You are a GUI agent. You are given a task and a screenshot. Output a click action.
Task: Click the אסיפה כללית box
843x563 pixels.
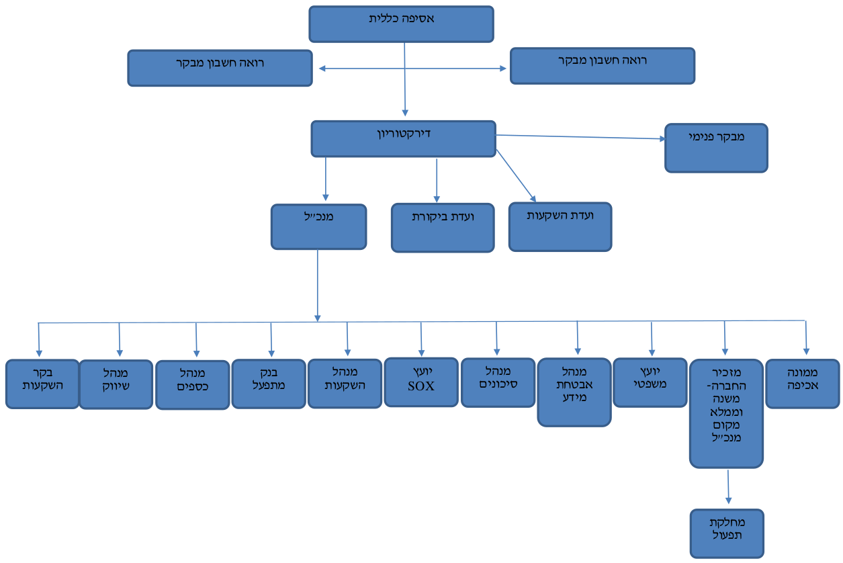click(x=401, y=24)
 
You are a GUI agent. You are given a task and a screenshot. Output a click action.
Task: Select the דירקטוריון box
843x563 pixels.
click(x=404, y=138)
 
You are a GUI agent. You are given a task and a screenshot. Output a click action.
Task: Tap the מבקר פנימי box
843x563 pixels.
click(x=716, y=148)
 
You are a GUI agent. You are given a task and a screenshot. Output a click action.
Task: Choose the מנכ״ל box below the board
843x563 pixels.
click(x=319, y=226)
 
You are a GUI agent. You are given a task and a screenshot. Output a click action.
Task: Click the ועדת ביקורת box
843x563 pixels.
click(x=443, y=228)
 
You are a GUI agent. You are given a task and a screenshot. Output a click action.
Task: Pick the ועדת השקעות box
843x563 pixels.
click(x=560, y=227)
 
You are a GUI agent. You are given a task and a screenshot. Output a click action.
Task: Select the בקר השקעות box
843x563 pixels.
click(x=42, y=384)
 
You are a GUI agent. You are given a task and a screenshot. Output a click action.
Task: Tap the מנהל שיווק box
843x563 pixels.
click(x=116, y=384)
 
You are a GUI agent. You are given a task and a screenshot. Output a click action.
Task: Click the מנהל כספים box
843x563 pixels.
click(x=192, y=385)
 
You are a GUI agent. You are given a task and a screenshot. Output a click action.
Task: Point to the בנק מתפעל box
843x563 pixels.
click(x=269, y=384)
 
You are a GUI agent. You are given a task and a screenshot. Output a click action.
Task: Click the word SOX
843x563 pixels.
click(x=421, y=386)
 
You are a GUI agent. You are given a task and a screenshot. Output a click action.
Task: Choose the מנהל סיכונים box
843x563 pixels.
click(x=498, y=382)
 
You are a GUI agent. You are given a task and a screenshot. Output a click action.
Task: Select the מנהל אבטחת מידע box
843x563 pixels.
click(x=574, y=392)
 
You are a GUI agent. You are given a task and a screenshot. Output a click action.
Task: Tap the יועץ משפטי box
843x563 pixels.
click(x=650, y=382)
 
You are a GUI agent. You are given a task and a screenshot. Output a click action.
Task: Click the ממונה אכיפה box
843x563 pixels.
click(x=803, y=384)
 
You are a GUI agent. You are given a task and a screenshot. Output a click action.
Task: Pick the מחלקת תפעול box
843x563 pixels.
click(x=727, y=533)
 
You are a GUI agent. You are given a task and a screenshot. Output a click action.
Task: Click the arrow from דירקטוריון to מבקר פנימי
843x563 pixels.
click(x=580, y=137)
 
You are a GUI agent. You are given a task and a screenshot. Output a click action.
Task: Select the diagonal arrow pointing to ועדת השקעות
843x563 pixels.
click(x=516, y=176)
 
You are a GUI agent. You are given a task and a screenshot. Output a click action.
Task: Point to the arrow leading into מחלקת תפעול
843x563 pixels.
click(x=728, y=486)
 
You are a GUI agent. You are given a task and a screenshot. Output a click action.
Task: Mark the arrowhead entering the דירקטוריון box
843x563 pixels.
click(x=405, y=113)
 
